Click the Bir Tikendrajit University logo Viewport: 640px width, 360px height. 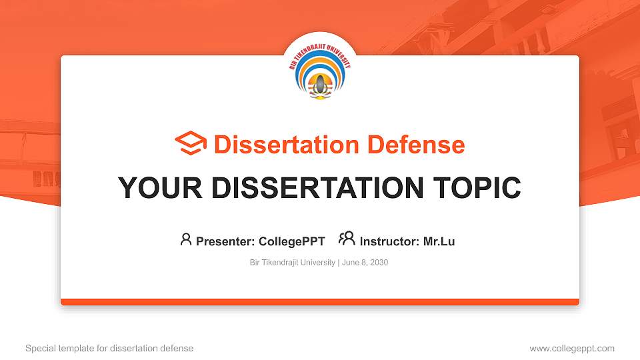pos(320,74)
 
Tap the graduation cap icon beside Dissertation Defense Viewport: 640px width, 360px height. pos(191,144)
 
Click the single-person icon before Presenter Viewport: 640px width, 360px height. pos(186,239)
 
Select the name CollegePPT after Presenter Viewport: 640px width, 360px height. pos(291,241)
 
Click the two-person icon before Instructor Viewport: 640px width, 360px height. pos(347,239)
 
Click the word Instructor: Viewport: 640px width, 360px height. pos(389,241)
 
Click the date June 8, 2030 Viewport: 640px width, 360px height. pos(365,263)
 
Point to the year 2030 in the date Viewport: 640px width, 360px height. pos(378,263)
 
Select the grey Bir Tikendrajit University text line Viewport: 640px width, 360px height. pos(293,263)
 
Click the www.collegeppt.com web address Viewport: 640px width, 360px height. pos(572,348)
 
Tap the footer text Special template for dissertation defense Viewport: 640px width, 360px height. pos(109,348)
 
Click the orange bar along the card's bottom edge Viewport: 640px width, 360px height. pos(320,302)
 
